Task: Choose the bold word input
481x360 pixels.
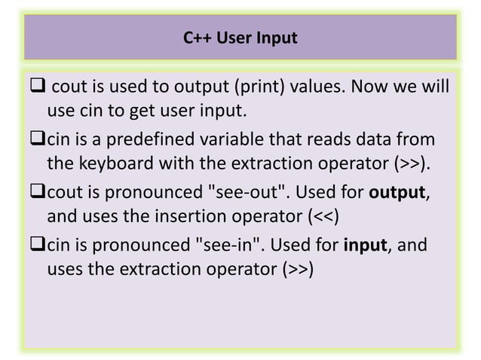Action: pos(365,244)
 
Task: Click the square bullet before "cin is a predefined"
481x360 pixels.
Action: pos(38,140)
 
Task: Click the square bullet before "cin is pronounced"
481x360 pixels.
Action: pos(38,244)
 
